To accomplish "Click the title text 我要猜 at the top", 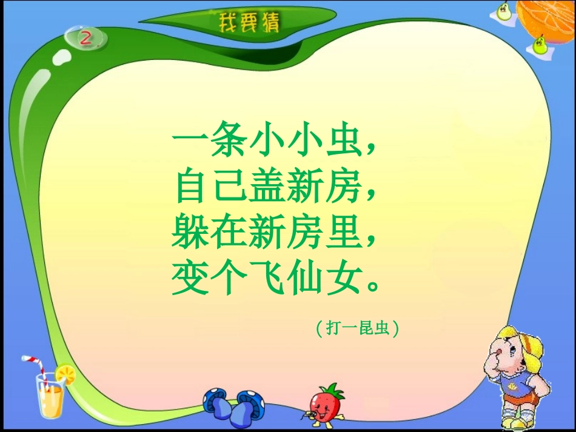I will [x=249, y=24].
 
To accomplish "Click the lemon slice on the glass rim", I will [x=65, y=373].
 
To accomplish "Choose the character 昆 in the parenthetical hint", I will [x=365, y=329].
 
